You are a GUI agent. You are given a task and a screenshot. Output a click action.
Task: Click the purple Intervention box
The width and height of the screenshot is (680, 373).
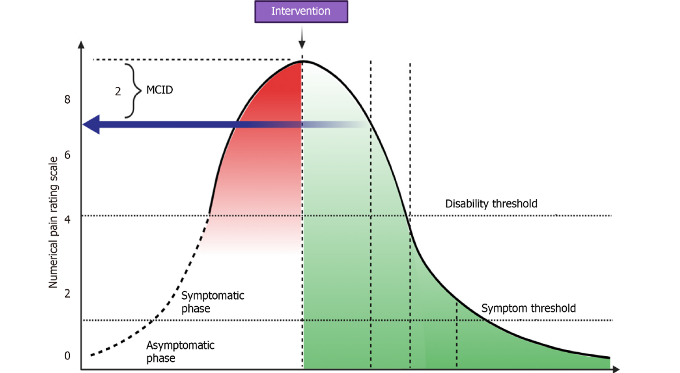[x=301, y=11]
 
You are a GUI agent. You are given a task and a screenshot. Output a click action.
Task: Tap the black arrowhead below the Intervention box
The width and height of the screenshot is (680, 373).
[x=302, y=44]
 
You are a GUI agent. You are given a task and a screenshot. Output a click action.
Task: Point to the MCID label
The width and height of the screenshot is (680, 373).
[x=160, y=90]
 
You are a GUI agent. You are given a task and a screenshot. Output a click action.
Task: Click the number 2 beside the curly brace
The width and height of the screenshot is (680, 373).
[x=118, y=91]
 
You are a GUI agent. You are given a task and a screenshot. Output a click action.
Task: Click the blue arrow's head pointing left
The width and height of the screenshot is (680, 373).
[x=91, y=125]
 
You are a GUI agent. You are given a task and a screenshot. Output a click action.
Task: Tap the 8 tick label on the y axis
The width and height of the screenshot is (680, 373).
[x=67, y=100]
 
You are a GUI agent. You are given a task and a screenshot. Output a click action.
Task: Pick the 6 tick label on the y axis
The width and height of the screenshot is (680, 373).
[x=67, y=155]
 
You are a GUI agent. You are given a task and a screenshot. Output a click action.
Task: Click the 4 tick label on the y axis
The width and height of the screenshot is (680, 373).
[x=67, y=219]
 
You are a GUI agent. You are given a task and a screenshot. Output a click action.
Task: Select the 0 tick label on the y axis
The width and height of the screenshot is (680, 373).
[x=67, y=356]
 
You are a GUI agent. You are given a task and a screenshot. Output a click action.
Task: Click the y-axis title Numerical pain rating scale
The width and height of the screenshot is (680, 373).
[x=53, y=222]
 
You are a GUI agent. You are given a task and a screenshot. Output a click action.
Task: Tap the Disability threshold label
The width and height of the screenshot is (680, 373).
[x=491, y=204]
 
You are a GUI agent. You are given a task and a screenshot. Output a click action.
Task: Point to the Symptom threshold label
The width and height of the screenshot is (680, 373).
[x=528, y=308]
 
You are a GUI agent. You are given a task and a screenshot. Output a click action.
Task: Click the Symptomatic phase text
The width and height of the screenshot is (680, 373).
[x=212, y=302]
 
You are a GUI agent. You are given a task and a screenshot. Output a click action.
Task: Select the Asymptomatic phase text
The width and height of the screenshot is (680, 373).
[x=180, y=351]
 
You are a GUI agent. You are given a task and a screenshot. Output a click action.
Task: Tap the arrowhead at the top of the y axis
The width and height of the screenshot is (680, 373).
[x=81, y=44]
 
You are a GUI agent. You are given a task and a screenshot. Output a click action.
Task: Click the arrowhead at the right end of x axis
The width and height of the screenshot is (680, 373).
[x=616, y=369]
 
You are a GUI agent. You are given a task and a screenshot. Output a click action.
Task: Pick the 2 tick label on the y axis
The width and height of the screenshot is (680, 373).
[x=67, y=294]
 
